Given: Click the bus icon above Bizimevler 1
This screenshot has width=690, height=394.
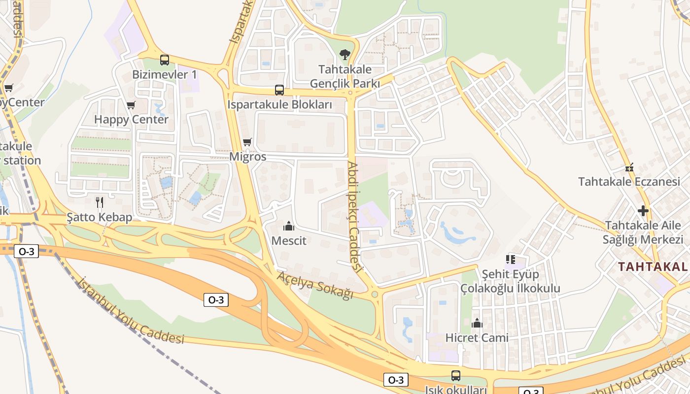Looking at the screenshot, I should coord(165,60).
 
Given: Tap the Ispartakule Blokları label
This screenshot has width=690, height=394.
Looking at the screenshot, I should coord(279,104).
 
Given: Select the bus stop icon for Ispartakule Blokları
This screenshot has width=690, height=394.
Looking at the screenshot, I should coord(279,90).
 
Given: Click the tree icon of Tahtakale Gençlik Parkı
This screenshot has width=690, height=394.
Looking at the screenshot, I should coord(345,54).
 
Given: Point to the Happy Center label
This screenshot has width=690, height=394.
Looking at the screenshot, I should coord(131,119).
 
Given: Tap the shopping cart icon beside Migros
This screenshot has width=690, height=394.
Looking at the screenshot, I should coord(247,142).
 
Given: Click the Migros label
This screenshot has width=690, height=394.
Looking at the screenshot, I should coord(248,157).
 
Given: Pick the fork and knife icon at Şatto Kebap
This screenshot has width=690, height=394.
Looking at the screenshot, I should coord(100,202).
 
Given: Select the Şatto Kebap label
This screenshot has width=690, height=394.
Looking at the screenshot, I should coord(100,217).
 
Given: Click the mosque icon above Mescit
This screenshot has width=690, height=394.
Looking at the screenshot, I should coord(289,226).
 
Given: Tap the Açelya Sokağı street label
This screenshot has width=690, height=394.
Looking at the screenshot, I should coord(315,285).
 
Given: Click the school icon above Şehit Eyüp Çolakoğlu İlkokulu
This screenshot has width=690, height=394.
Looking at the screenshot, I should coord(510,259).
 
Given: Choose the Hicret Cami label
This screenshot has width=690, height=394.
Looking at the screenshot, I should coord(477,338).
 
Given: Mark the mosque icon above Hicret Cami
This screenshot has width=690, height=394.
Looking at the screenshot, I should coord(477,323).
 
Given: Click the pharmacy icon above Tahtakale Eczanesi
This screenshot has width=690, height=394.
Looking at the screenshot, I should coord(629,167).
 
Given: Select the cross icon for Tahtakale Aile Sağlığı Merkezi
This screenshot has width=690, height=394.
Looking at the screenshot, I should coord(643,211).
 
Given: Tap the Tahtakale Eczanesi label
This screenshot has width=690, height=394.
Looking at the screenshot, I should coord(629,182).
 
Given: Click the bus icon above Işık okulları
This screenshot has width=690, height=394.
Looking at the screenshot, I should coord(456,376).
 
